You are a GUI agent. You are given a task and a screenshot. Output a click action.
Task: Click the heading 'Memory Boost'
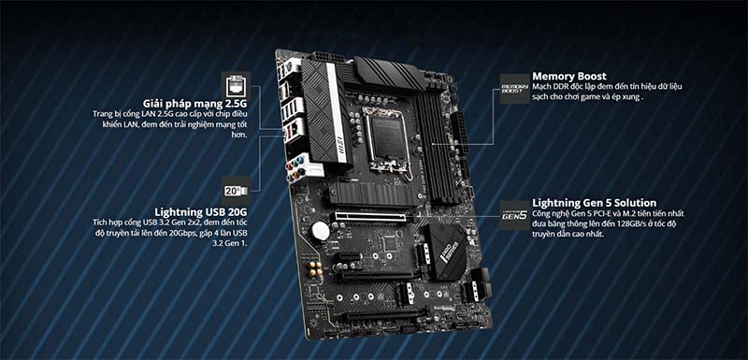point(569,76)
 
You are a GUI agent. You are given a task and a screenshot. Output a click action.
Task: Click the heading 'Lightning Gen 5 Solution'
point(594,202)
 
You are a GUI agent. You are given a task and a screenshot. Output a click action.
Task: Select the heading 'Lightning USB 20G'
point(203,212)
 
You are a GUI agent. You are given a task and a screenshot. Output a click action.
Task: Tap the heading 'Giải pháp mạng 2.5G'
point(196,102)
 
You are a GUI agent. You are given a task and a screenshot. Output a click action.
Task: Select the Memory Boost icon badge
point(513,88)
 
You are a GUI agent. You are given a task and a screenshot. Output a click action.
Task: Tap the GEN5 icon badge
point(513,214)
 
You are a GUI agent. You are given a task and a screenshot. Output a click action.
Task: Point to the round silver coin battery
point(321,230)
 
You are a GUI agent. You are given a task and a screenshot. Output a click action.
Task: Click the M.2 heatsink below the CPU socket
point(370,193)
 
